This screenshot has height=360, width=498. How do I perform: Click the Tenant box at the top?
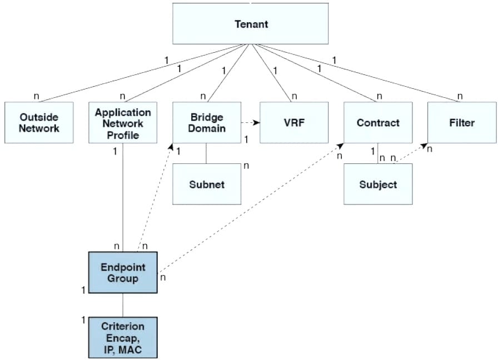251,24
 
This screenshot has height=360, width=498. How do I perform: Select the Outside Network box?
39,122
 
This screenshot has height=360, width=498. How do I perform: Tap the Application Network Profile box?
123,122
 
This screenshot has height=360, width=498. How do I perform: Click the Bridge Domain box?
207,122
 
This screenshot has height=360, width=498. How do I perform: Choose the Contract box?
378,122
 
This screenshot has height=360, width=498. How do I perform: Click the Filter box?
461,122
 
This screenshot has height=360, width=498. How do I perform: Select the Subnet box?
207,184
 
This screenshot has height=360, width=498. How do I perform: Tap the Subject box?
378,184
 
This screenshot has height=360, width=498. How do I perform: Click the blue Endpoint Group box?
123,272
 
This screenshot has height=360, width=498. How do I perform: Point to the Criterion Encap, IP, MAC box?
123,338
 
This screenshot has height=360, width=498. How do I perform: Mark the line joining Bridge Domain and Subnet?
207,153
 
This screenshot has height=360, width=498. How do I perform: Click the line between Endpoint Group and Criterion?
123,304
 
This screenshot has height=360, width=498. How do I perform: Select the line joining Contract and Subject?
378,153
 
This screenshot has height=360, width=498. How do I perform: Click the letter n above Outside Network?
37,96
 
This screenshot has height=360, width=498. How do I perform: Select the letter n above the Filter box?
460,96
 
